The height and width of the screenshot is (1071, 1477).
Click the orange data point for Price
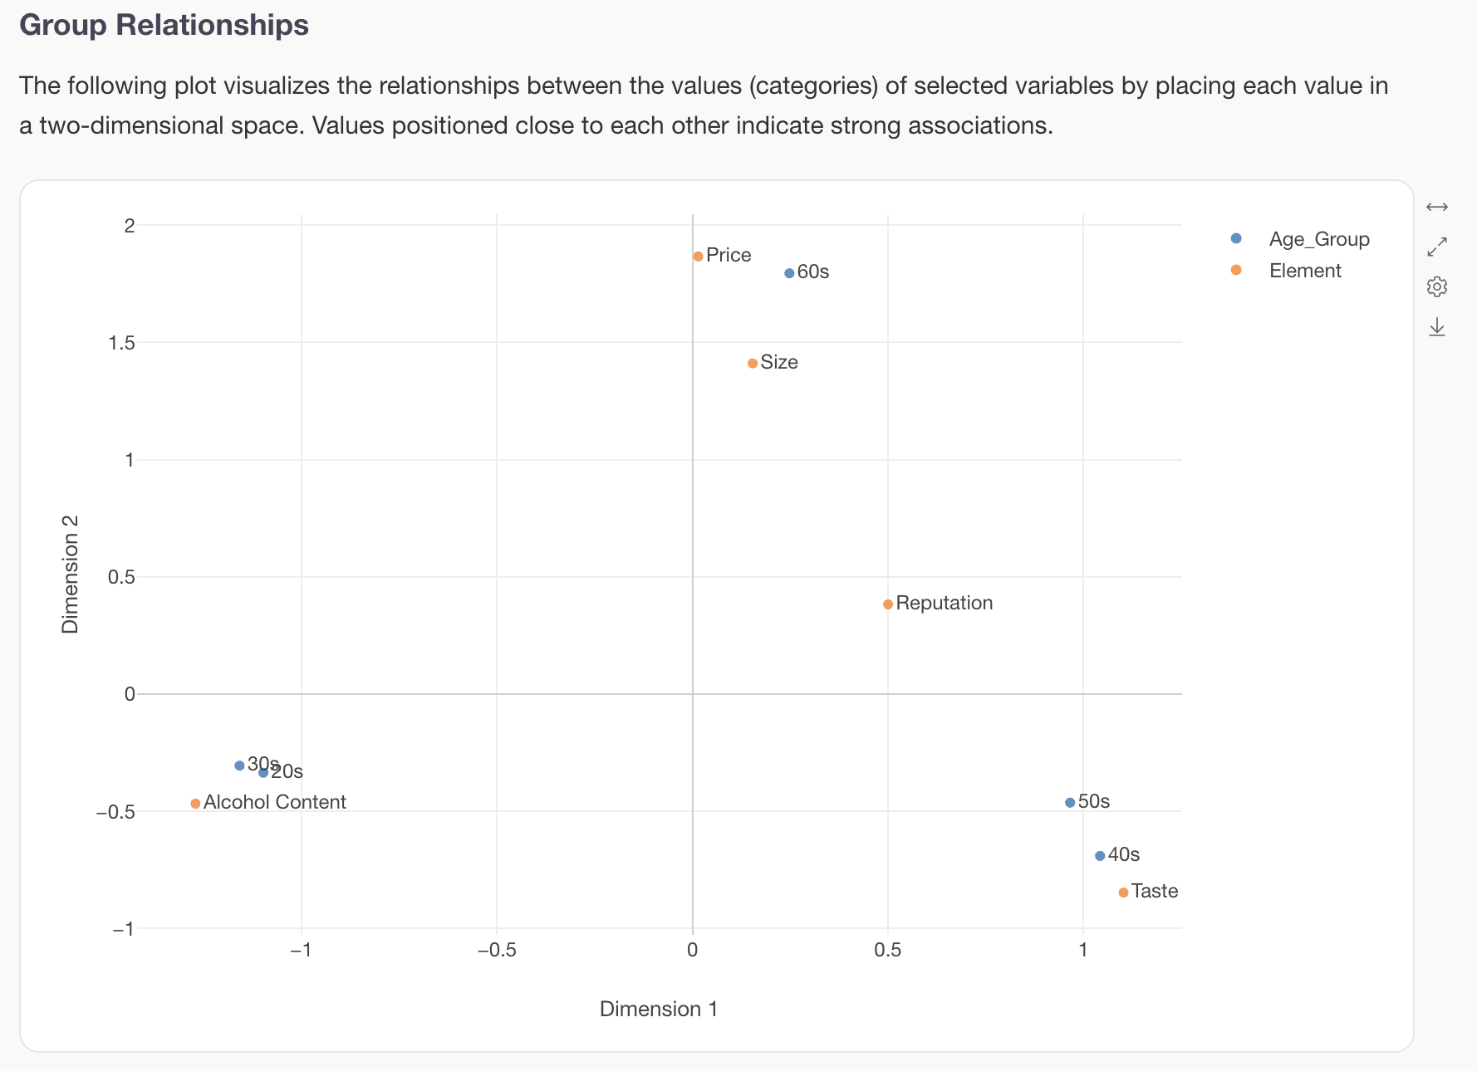tap(698, 257)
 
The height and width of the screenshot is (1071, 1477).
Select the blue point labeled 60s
tap(789, 273)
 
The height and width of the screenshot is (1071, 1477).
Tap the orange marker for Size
tap(753, 364)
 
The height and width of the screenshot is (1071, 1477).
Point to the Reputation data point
tap(888, 604)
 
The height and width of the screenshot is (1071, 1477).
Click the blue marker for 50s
tap(1070, 803)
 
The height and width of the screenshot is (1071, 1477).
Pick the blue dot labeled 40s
tap(1100, 856)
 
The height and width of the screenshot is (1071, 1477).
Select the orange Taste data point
tap(1123, 892)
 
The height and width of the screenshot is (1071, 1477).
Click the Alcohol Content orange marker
tap(195, 804)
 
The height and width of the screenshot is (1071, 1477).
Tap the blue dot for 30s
tap(239, 765)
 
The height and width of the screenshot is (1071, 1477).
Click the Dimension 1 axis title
tap(658, 1009)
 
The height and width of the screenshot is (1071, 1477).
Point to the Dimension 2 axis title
tap(71, 574)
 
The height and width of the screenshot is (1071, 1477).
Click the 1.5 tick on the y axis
tap(122, 343)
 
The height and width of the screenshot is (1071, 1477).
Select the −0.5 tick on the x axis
tap(497, 950)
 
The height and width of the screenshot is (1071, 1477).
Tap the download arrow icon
tap(1437, 327)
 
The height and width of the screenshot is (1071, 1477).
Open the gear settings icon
tap(1437, 286)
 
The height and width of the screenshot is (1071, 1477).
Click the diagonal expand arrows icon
tap(1437, 247)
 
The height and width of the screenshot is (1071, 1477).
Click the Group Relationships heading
tap(164, 25)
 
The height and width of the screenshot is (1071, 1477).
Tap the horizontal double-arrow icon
tap(1437, 207)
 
